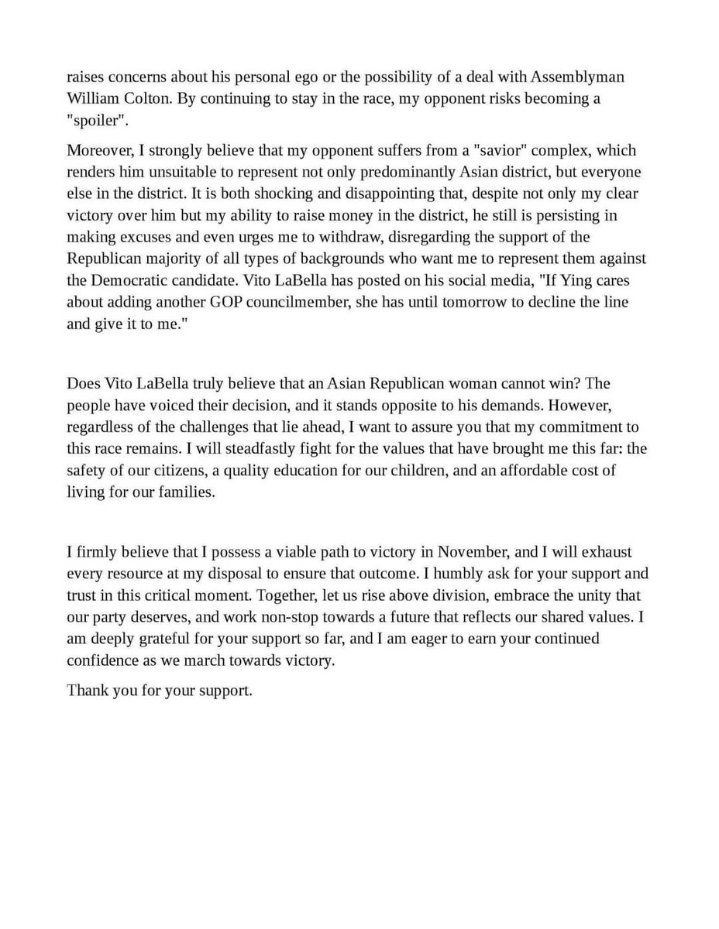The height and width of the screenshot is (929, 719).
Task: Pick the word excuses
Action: pos(136,237)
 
